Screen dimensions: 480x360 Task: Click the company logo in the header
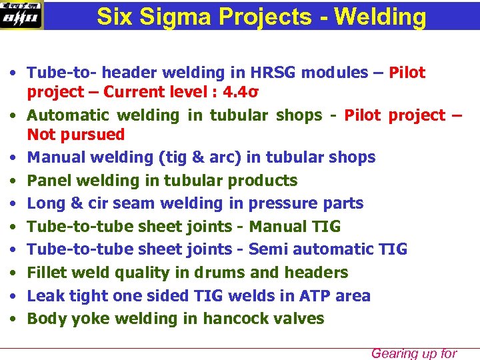point(21,15)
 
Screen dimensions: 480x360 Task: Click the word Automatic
point(65,115)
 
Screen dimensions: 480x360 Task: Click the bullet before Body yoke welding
point(13,319)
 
